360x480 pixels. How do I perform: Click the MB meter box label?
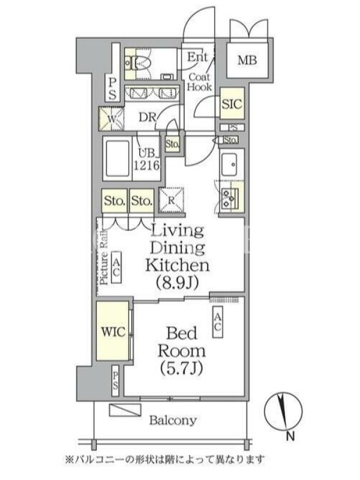(x=247, y=61)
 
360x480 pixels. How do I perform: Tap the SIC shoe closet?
(x=232, y=103)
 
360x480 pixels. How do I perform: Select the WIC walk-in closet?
(x=112, y=331)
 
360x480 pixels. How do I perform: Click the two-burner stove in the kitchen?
(x=230, y=198)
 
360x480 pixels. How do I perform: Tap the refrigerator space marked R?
(x=171, y=200)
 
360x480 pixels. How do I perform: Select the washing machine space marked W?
(x=112, y=119)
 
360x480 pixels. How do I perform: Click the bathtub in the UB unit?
(x=118, y=158)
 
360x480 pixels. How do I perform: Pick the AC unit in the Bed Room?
(x=217, y=322)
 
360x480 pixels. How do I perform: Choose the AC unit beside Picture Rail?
(x=116, y=267)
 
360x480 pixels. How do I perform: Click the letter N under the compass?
(x=290, y=436)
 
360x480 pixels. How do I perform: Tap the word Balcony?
(x=173, y=421)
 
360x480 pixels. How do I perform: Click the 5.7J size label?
(x=181, y=368)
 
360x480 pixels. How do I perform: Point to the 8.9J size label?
(x=178, y=282)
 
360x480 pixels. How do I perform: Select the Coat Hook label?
(x=199, y=82)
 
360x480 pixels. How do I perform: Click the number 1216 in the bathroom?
(x=146, y=166)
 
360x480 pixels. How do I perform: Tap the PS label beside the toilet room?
(x=112, y=89)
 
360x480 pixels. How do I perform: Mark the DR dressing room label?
(x=148, y=117)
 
